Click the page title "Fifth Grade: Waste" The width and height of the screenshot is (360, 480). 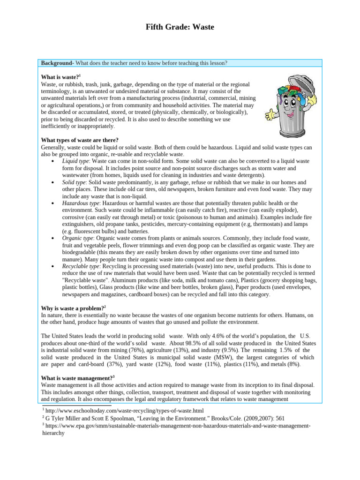tap(180, 27)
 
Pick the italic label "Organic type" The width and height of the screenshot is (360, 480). tap(78, 238)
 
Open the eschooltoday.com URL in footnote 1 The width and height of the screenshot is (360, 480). tap(125, 410)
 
